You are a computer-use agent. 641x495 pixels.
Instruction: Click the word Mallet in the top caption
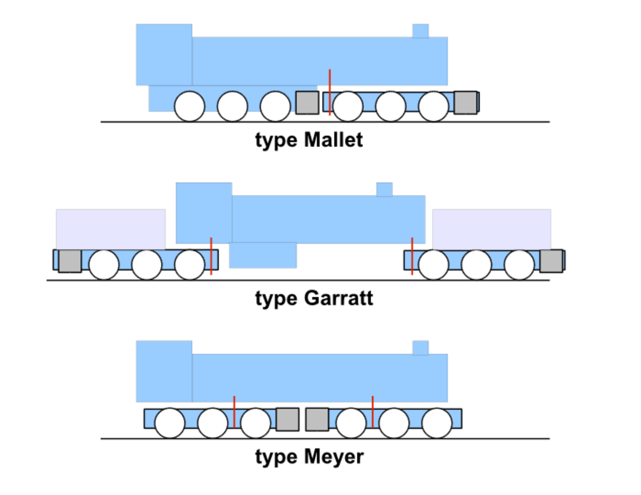point(333,140)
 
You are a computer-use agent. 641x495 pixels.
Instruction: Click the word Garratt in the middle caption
point(339,298)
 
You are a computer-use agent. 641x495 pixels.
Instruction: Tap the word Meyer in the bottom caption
point(334,457)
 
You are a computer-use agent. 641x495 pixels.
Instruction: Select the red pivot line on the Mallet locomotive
point(330,92)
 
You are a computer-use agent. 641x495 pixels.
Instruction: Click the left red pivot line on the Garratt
point(211,256)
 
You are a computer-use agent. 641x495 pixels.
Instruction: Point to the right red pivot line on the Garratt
point(412,256)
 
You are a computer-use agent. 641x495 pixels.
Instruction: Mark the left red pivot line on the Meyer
point(234,412)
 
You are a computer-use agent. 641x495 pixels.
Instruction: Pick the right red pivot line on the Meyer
point(372,412)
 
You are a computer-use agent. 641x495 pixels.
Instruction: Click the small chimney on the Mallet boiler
point(420,31)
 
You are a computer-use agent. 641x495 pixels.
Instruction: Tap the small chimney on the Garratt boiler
point(385,189)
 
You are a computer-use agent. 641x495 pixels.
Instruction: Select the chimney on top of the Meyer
point(420,347)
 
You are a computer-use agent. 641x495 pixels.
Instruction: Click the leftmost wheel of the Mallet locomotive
point(190,106)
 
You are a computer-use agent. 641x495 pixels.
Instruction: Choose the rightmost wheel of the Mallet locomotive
point(433,106)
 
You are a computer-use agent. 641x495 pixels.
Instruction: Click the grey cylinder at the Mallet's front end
point(465,103)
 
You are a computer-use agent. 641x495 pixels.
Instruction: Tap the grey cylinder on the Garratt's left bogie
point(70,261)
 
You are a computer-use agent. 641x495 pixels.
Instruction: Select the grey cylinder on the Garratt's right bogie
point(551,261)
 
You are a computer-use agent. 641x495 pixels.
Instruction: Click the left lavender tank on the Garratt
point(111,229)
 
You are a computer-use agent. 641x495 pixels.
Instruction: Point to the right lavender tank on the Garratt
point(491,229)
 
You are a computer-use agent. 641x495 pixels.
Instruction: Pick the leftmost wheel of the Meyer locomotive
point(170,423)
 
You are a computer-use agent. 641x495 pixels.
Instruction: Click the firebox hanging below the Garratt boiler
point(263,256)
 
